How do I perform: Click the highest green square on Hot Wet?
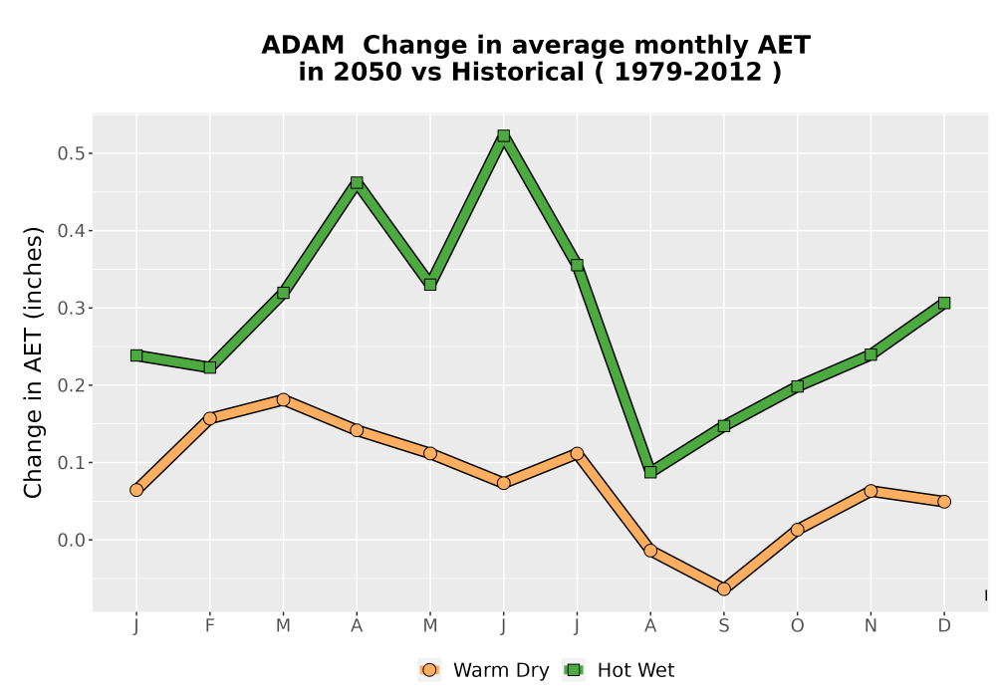504,135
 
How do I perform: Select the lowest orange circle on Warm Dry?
723,589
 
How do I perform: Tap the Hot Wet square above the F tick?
209,366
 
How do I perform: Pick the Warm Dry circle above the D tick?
944,502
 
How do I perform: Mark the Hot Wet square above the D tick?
944,303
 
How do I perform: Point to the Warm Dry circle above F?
209,418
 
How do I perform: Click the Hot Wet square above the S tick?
723,425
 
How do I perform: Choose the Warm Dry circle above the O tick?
797,530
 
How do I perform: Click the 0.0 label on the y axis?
71,541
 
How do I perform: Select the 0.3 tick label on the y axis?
71,309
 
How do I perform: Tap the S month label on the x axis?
723,626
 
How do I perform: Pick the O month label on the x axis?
797,626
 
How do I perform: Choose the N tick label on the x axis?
871,626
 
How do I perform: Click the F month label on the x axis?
209,626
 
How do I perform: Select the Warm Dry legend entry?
484,670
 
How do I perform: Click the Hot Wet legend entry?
620,670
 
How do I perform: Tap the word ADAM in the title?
303,46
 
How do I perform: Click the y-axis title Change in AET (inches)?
33,362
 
